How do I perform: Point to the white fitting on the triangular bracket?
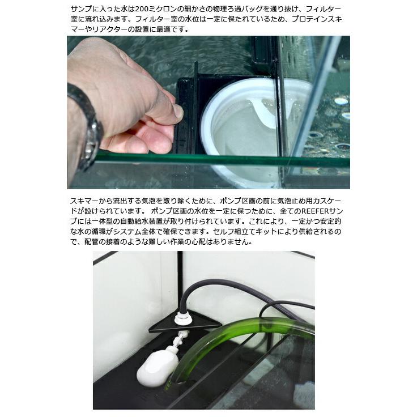tap(182, 318)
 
